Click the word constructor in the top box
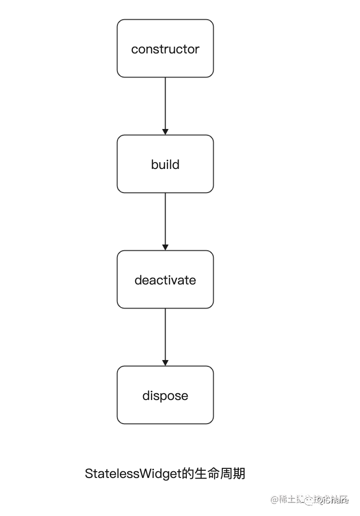165,49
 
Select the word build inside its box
165,165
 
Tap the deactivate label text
165,280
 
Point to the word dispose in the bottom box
165,396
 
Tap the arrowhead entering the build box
165,131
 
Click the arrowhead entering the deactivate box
165,247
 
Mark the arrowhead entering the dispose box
165,362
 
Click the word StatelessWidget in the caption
133,474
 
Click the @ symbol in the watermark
275,500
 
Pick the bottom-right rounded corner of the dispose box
211,422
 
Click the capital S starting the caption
89,474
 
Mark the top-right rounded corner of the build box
211,137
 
